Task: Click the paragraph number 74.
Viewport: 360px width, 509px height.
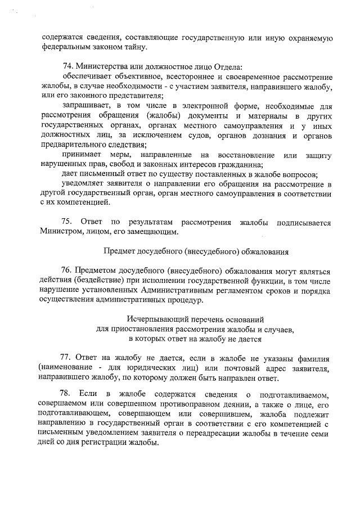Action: [x=69, y=67]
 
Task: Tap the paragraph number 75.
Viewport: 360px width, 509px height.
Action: [x=69, y=222]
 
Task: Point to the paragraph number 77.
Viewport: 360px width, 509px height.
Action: [x=66, y=358]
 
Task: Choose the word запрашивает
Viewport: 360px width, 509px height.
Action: [x=84, y=106]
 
